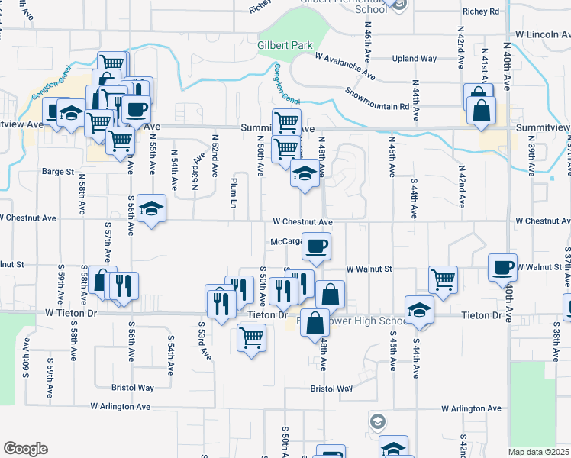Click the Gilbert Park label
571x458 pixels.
[285, 46]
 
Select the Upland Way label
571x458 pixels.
[414, 59]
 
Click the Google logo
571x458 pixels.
[25, 448]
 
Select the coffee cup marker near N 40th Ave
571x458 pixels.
[502, 267]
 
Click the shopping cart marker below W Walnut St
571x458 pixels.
[443, 279]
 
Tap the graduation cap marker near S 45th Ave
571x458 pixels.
[419, 309]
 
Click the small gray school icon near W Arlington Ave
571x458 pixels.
[377, 421]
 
